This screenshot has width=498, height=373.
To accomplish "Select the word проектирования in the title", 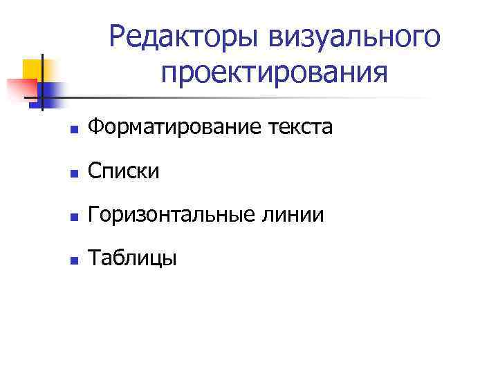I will [x=274, y=73].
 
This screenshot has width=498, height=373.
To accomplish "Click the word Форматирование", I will [x=181, y=127].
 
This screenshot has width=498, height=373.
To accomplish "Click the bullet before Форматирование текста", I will [x=74, y=129].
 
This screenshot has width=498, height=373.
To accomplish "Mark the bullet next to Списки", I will [x=74, y=173].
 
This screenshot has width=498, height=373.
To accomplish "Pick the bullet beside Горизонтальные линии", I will [x=74, y=216].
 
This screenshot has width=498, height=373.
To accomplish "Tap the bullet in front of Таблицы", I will [x=74, y=260].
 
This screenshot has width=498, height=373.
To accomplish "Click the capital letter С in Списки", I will [x=96, y=171].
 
